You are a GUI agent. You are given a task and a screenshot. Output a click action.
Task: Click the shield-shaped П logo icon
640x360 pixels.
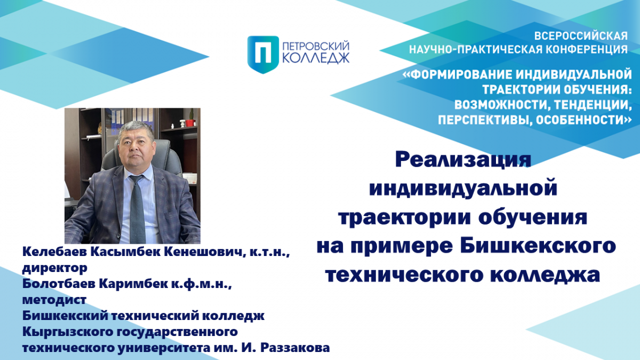(x=263, y=54)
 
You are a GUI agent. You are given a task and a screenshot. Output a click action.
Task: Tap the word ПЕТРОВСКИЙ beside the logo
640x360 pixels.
(x=316, y=46)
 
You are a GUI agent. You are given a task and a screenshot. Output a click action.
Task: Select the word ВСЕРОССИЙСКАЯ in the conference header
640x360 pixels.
(x=581, y=36)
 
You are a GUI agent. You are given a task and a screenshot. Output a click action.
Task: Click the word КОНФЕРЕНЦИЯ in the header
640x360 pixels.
(x=587, y=50)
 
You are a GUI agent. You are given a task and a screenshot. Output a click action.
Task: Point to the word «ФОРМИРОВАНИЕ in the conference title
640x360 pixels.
(x=458, y=75)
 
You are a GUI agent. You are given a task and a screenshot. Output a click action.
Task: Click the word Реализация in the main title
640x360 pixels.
(x=463, y=159)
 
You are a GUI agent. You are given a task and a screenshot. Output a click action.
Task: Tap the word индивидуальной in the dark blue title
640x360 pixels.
(x=463, y=189)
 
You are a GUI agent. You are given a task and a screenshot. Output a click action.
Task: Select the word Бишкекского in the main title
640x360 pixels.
(x=538, y=246)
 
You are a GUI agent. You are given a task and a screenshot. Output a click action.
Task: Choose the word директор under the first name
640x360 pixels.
(x=55, y=268)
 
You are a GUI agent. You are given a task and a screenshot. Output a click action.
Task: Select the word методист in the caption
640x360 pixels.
(x=54, y=300)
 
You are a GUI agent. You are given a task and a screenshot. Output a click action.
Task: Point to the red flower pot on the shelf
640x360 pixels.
(x=190, y=123)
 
